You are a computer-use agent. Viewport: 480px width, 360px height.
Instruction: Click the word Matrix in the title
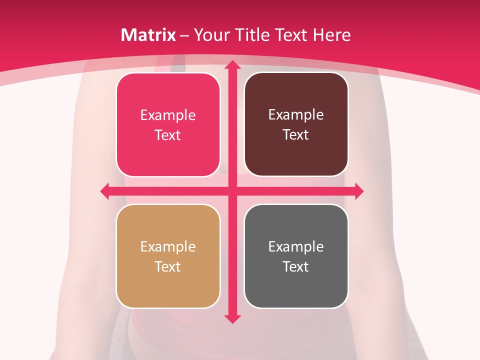[148, 35]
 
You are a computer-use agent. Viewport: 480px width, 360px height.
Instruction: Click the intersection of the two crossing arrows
[232, 191]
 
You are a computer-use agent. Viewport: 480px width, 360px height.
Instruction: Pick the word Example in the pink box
[168, 115]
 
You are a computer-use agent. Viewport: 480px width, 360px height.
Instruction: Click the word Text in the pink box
[168, 135]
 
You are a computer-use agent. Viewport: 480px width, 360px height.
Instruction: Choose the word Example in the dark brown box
[296, 115]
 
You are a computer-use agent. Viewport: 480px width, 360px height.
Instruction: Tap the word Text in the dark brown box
[296, 135]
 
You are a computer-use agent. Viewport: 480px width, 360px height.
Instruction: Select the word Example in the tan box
[168, 247]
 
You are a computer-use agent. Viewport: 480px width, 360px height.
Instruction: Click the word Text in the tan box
[168, 267]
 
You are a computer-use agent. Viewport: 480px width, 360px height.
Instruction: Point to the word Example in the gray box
[296, 247]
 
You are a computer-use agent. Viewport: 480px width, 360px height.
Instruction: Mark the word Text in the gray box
[296, 267]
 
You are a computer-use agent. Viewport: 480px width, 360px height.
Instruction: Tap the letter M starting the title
[127, 35]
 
